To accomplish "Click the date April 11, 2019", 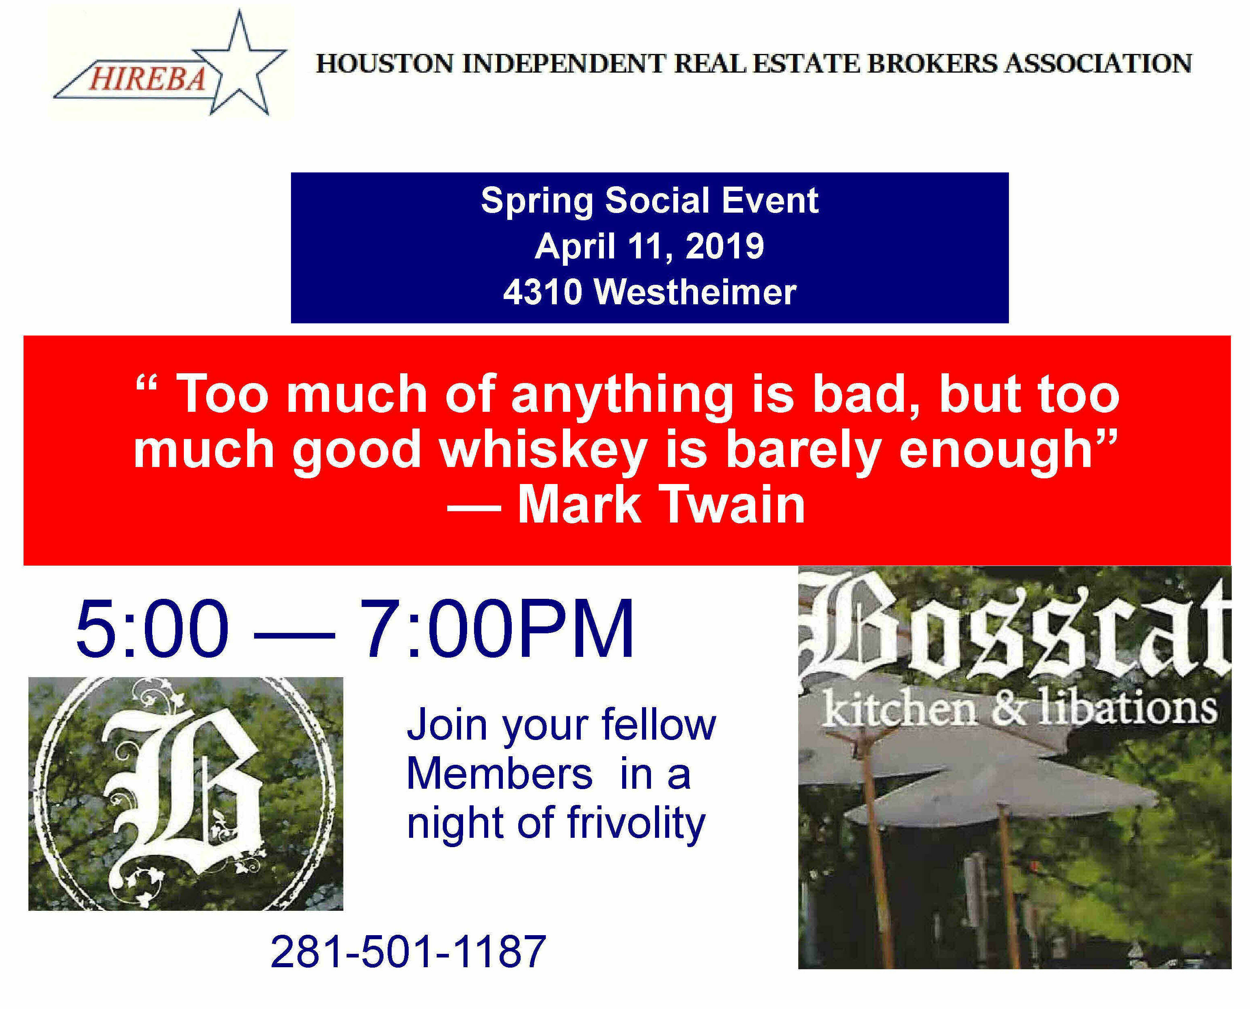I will (x=649, y=246).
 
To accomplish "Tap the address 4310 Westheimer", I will (x=649, y=292).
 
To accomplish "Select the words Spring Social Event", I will (x=649, y=200).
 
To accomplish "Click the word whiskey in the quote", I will (x=543, y=450).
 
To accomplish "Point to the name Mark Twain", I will (x=661, y=505).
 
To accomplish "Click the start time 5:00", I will (x=152, y=628).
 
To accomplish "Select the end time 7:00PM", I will (x=497, y=628).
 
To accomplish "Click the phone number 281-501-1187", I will (x=408, y=951).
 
